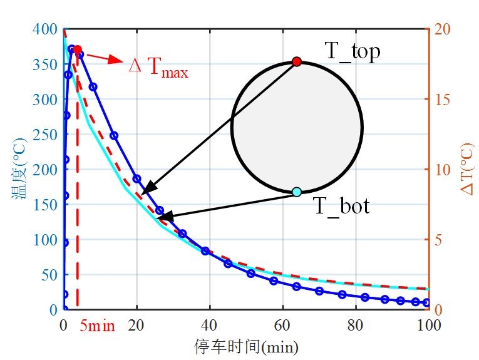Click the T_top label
[x=352, y=52]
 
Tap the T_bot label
[x=341, y=205]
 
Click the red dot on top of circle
[x=297, y=61]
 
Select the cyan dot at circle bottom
[x=297, y=192]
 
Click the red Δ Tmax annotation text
[x=158, y=66]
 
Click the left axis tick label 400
[x=47, y=29]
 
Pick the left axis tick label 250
[x=47, y=135]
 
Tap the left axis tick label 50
[x=50, y=275]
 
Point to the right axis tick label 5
[x=438, y=240]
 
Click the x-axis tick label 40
[x=210, y=326]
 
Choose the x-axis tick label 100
[x=428, y=326]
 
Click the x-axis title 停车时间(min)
[x=246, y=346]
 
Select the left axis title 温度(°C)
[x=17, y=169]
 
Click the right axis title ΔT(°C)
[x=467, y=168]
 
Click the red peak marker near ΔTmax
[x=77, y=49]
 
